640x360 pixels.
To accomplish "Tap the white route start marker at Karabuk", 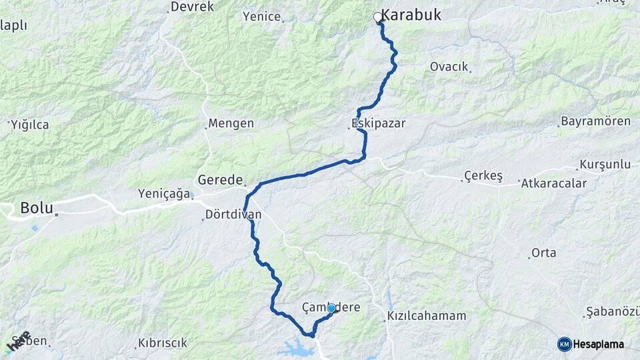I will tap(378, 17).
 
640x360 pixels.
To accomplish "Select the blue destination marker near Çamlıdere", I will tap(331, 308).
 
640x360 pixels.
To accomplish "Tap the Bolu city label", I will tap(37, 207).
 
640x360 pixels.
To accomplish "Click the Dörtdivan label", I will tap(233, 215).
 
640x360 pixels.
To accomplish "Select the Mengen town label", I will tap(231, 123).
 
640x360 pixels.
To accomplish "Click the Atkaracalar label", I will tap(555, 183).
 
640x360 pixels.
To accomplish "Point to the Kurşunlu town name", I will tap(605, 164).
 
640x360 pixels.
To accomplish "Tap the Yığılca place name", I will tap(31, 124).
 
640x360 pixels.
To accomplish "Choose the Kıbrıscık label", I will tap(163, 343).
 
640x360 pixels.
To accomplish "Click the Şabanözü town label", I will tap(612, 312).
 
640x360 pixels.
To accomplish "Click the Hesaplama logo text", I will tap(599, 344).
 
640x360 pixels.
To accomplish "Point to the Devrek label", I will tap(192, 7).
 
